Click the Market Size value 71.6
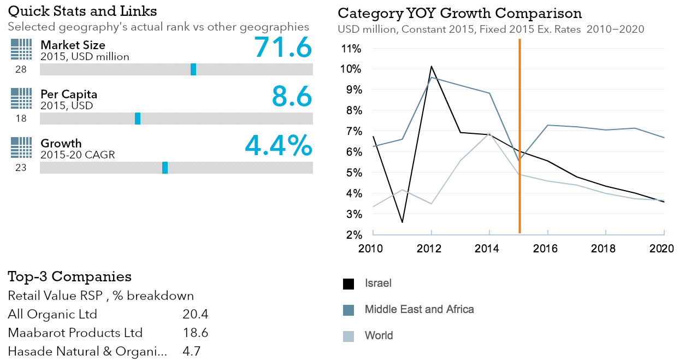coord(283,47)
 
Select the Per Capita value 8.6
coord(292,96)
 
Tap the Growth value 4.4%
coord(279,145)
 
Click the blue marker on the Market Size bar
coord(193,69)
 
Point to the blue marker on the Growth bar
coord(165,168)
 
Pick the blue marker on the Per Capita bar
coord(138,119)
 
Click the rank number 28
coord(21,69)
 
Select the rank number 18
coord(21,119)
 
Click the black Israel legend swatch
coord(349,284)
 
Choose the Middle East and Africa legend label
coord(419,309)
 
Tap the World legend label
coord(379,335)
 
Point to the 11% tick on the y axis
coord(351,49)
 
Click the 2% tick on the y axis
coord(352,235)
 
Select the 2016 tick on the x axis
coord(545,249)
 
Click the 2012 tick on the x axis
coord(429,249)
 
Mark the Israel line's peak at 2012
coord(432,67)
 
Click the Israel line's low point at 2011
coord(403,222)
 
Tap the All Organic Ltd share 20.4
coord(195,314)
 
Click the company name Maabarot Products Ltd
coord(75,333)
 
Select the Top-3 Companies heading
coord(69,276)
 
